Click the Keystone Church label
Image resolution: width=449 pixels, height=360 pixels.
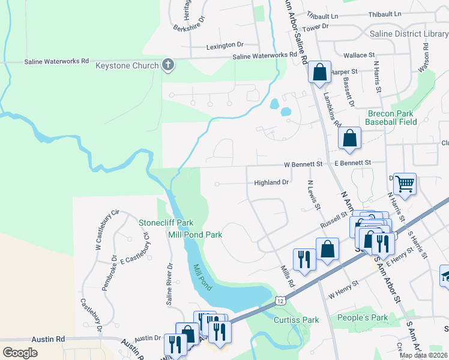point(127,65)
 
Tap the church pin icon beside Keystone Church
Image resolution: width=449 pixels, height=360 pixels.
point(168,65)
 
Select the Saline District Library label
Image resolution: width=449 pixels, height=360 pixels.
point(409,34)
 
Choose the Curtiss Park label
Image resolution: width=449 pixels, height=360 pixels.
point(296,320)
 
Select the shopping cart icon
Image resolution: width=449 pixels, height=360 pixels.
point(406,184)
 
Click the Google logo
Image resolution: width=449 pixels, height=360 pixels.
point(20,352)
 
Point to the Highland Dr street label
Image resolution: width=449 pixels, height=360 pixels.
point(272,182)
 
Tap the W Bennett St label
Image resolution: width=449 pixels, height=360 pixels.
point(303,163)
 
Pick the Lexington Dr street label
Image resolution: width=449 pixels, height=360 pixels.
point(225,45)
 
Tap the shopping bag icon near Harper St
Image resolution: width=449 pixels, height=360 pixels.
point(320,72)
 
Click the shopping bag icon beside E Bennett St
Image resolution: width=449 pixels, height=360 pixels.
point(349,138)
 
